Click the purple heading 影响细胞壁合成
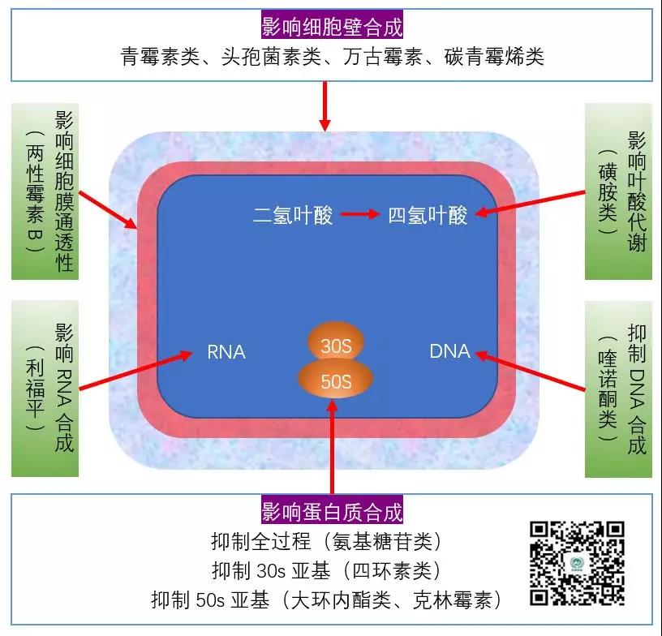332,27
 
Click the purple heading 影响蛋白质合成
332,512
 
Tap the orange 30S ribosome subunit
336,346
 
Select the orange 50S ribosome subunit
336,380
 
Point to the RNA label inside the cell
226,351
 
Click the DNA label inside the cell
449,351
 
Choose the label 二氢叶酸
293,216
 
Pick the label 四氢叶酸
428,216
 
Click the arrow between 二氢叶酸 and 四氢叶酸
360,216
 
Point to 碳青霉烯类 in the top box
494,57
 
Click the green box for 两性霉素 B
45,191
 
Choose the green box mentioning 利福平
45,389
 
